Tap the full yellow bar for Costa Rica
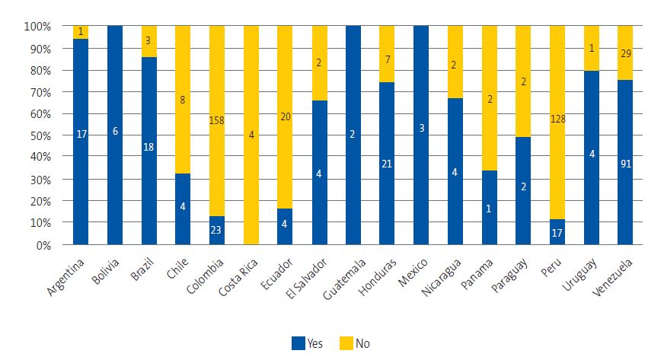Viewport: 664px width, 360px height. pyautogui.click(x=251, y=135)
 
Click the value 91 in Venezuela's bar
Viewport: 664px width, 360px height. pyautogui.click(x=624, y=162)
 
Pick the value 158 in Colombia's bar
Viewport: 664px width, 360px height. pyautogui.click(x=217, y=119)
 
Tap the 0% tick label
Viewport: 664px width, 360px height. pyautogui.click(x=43, y=245)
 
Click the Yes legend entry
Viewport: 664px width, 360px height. pyautogui.click(x=307, y=343)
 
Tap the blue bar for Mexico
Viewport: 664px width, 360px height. pyautogui.click(x=421, y=135)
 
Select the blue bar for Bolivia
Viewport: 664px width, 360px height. pyautogui.click(x=115, y=135)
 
